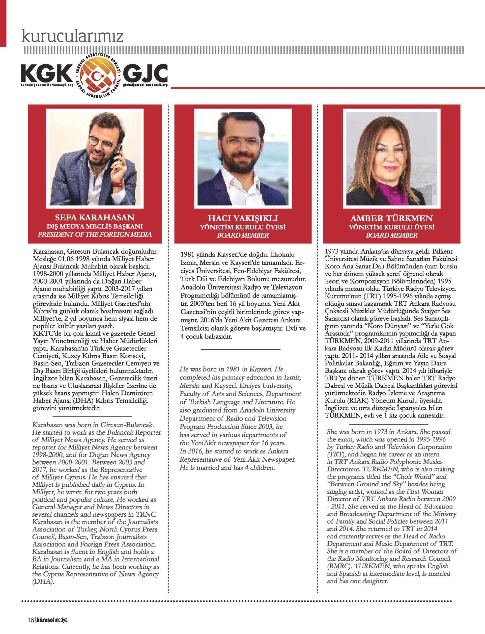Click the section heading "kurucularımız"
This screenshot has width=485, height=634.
coord(73,36)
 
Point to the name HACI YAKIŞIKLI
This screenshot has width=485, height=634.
coord(242,218)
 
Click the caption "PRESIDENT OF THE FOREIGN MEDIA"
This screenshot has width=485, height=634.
coord(95,235)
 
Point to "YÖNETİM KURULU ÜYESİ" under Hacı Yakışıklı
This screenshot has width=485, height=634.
coord(242,227)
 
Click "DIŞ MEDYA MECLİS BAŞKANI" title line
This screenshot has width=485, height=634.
coord(95,226)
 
